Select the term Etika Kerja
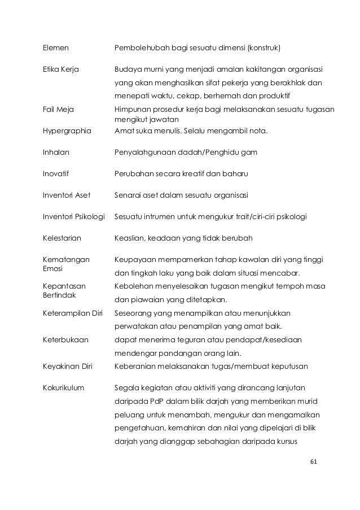pyautogui.click(x=60, y=69)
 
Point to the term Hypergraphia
pyautogui.click(x=67, y=131)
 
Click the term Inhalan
pyautogui.click(x=56, y=152)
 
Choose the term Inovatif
pyautogui.click(x=56, y=173)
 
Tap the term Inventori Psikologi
pyautogui.click(x=74, y=216)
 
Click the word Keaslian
pyautogui.click(x=129, y=238)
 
